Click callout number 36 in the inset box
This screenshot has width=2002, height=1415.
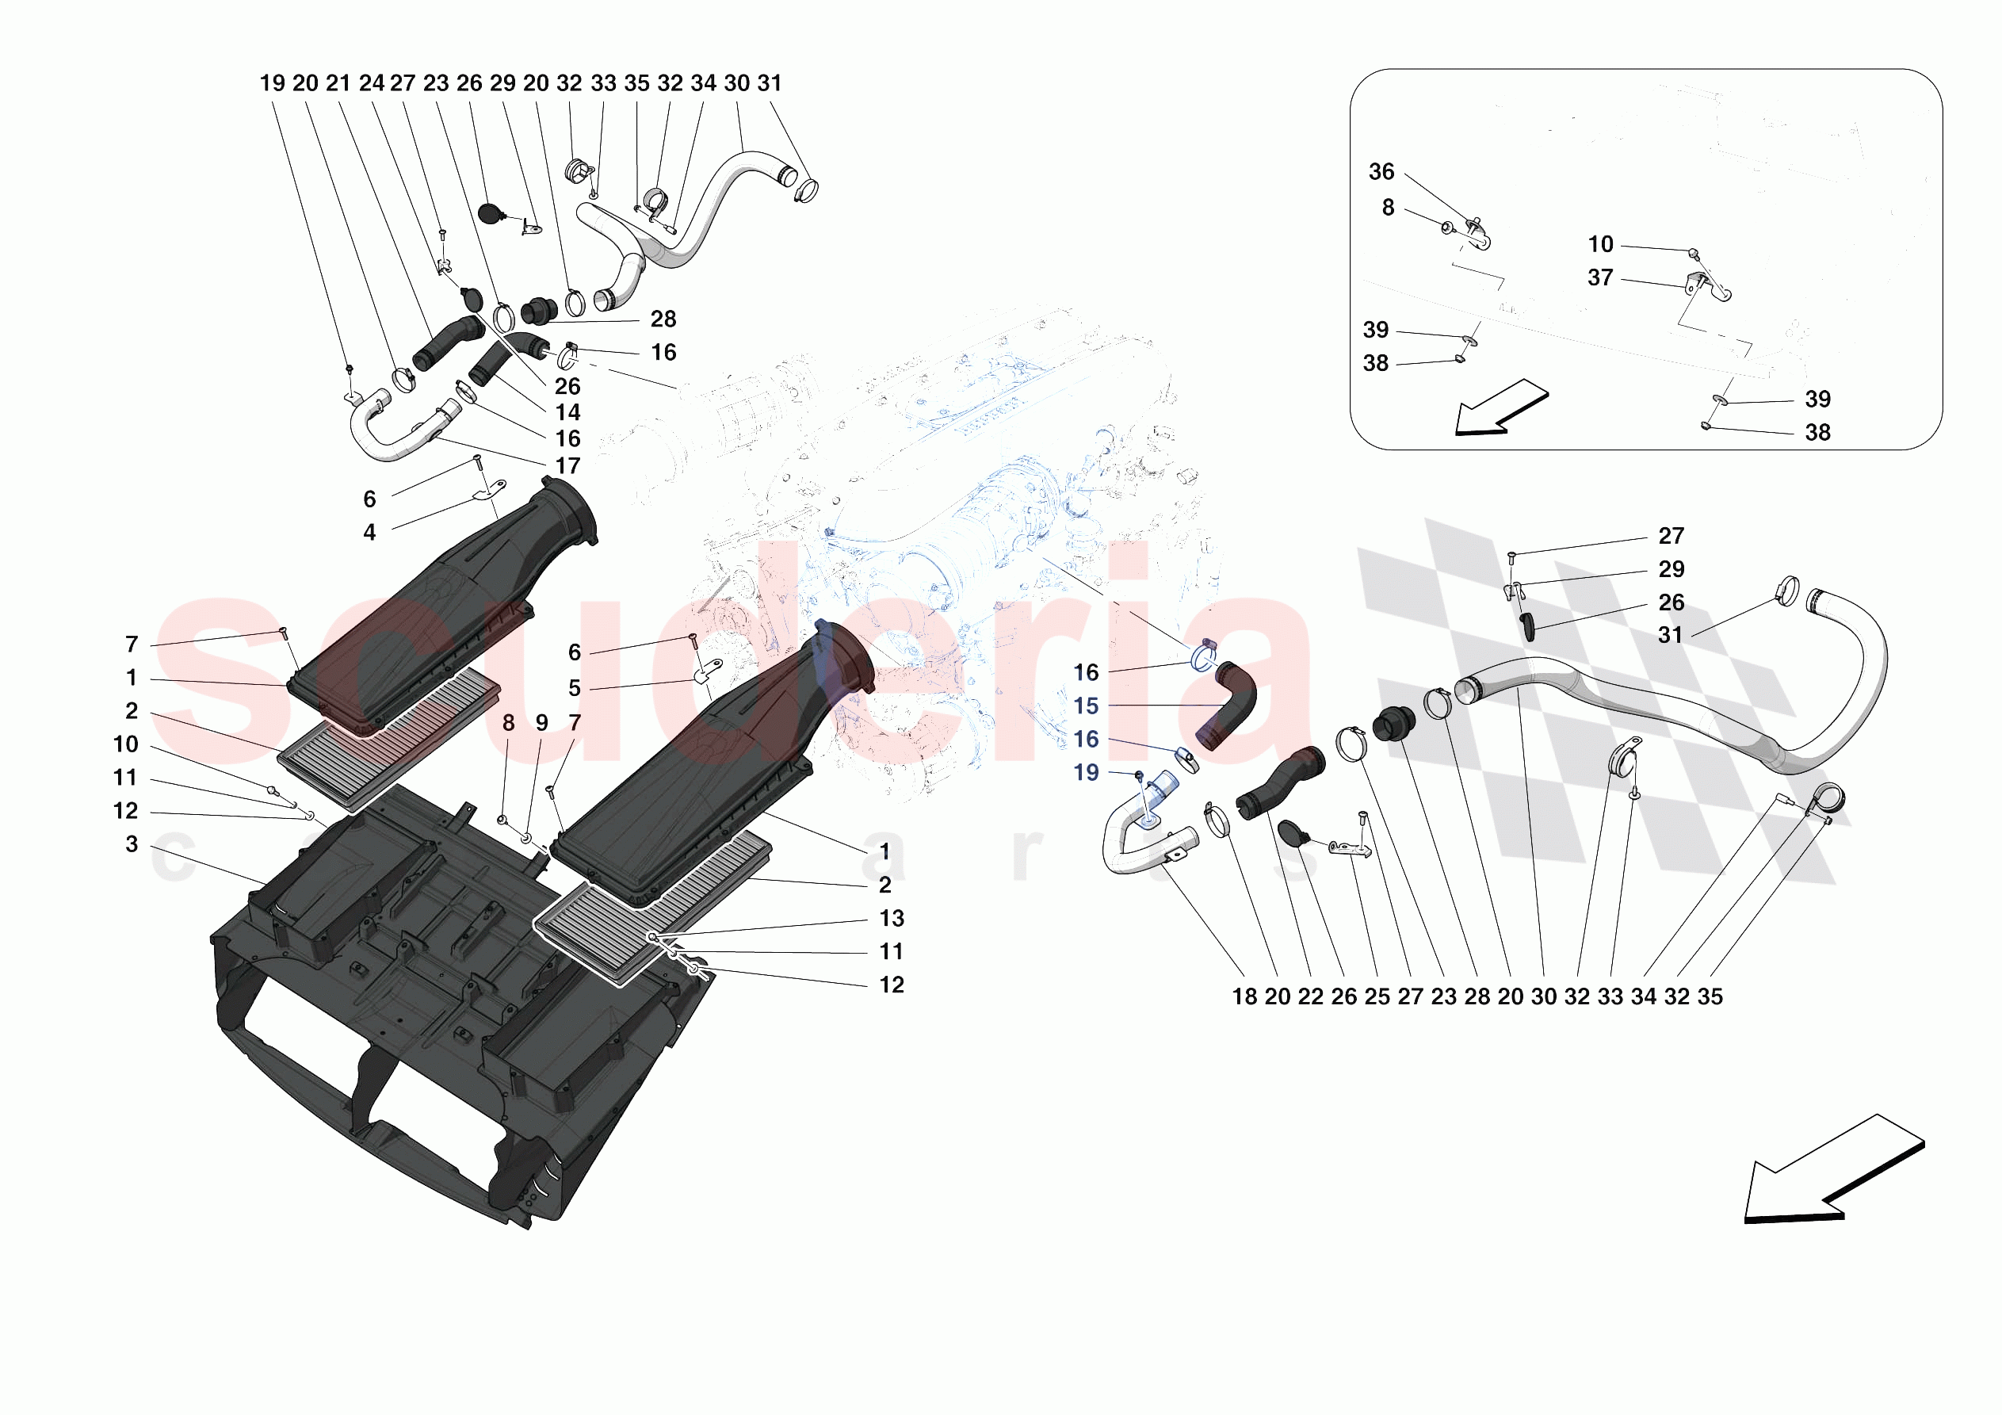(1381, 172)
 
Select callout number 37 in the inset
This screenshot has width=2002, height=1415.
(1600, 277)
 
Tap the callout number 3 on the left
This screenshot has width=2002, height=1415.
(132, 844)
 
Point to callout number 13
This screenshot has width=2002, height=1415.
(891, 919)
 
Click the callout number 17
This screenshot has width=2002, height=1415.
(567, 466)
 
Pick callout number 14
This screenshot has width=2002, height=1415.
(567, 413)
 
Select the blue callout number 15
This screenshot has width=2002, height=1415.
(1086, 706)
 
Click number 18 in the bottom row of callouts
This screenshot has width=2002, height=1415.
(1244, 997)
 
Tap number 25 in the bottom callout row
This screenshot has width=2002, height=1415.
(1377, 997)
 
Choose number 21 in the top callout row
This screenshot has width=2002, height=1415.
(338, 83)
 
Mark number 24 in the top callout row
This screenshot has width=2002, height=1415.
(372, 83)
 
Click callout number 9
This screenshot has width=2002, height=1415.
(541, 723)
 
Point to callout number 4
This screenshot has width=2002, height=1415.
(369, 532)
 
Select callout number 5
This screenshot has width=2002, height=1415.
(575, 688)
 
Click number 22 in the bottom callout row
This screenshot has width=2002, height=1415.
(1311, 997)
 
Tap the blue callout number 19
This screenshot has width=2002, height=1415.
(1086, 773)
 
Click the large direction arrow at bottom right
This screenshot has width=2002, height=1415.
(1834, 1169)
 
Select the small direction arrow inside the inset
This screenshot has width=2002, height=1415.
(1501, 407)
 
